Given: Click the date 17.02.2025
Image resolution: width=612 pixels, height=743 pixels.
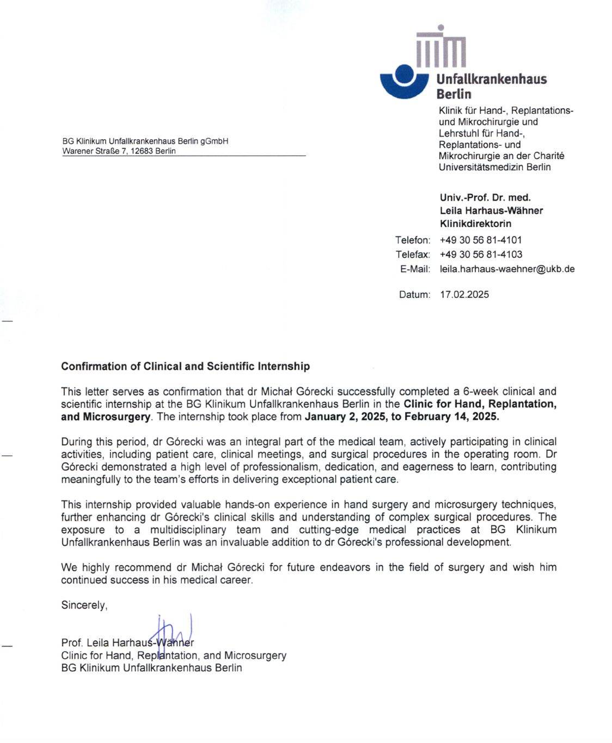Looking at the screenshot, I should pyautogui.click(x=464, y=295).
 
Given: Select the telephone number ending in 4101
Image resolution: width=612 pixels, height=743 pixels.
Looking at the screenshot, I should pyautogui.click(x=481, y=240).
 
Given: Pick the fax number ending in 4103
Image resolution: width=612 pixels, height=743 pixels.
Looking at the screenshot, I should pyautogui.click(x=481, y=255).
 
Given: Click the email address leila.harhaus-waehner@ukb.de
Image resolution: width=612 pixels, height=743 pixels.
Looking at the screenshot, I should pyautogui.click(x=507, y=269).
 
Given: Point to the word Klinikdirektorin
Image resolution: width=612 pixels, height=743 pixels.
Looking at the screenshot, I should pyautogui.click(x=475, y=224).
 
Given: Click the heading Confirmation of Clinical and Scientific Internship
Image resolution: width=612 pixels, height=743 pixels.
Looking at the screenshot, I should pyautogui.click(x=185, y=366).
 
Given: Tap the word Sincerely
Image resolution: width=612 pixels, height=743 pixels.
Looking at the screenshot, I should pyautogui.click(x=84, y=605).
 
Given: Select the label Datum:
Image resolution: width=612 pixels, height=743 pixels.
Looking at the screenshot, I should pyautogui.click(x=414, y=295).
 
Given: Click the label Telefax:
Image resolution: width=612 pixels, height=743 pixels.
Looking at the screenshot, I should pyautogui.click(x=413, y=255).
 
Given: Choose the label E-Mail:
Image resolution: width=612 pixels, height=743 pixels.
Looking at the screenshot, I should pyautogui.click(x=415, y=269).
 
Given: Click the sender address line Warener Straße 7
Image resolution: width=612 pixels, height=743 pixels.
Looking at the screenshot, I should pyautogui.click(x=119, y=151).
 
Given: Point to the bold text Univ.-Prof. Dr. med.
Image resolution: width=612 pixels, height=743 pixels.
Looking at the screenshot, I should pyautogui.click(x=485, y=197).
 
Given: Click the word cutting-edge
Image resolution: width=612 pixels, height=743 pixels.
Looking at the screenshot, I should pyautogui.click(x=328, y=530).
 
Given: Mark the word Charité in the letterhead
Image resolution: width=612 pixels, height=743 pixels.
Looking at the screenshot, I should pyautogui.click(x=548, y=156).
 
